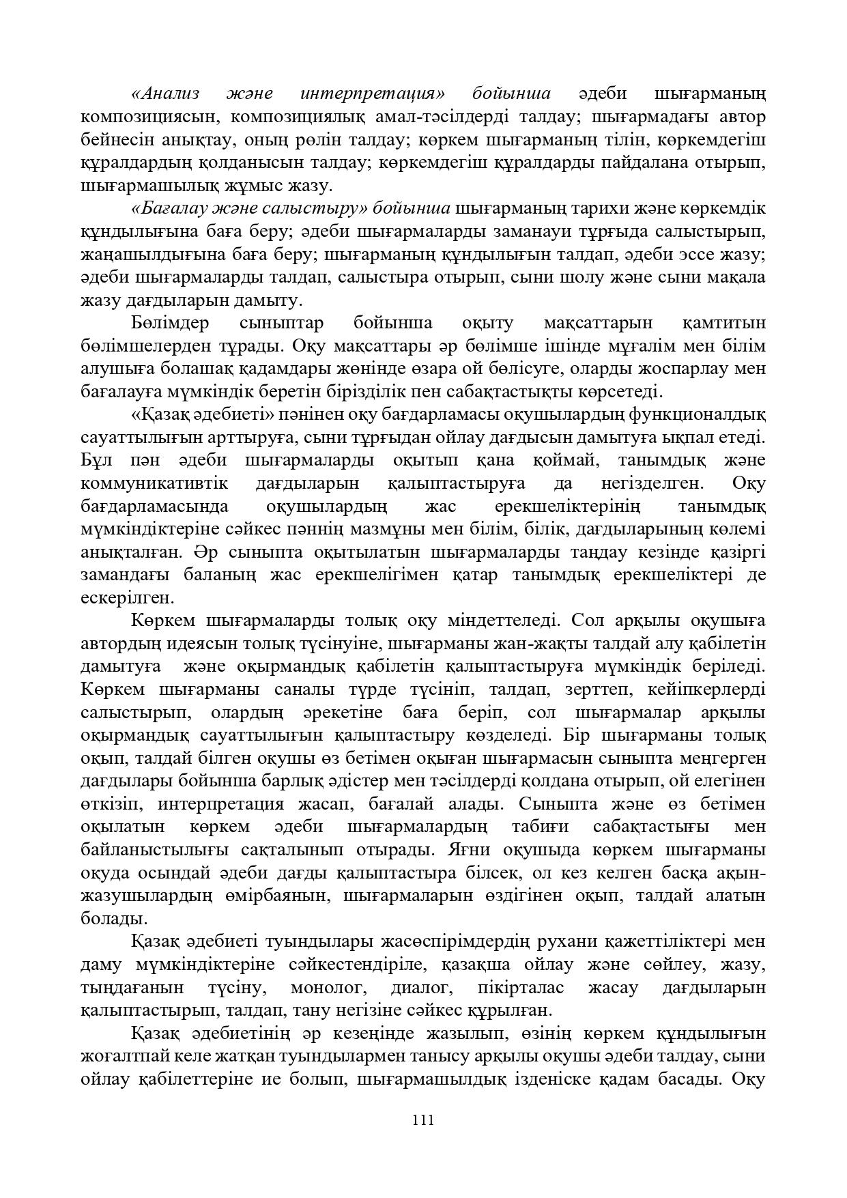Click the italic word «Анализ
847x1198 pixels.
pos(164,94)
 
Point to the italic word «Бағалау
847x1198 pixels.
pos(170,208)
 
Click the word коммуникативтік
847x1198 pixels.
pos(154,483)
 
